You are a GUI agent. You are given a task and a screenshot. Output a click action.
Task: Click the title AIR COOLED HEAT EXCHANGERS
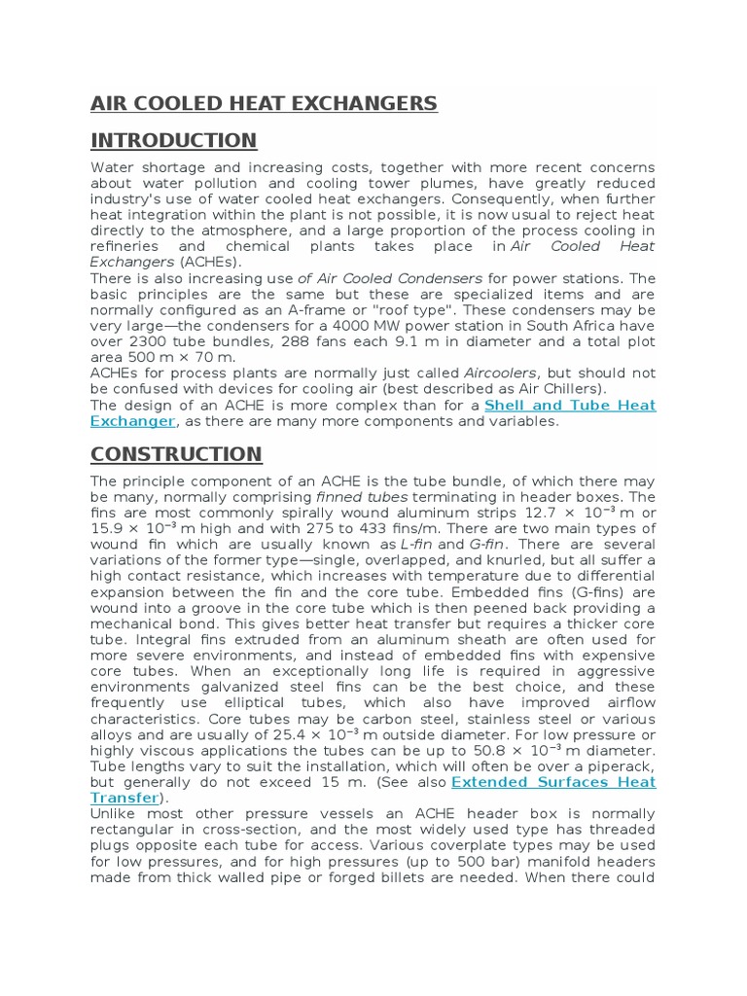coord(264,104)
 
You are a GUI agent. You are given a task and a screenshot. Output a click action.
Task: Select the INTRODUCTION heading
coord(173,140)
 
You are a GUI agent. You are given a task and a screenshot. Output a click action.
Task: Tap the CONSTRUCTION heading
coord(176,454)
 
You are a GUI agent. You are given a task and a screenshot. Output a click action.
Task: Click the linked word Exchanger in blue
coord(132,421)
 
